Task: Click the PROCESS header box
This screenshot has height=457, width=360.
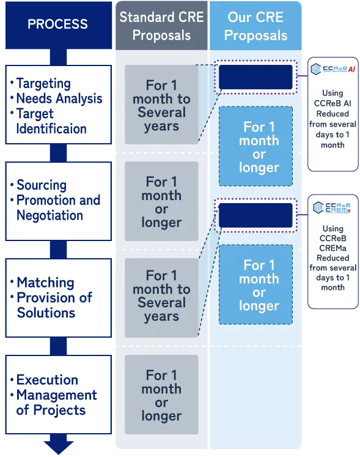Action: (59, 25)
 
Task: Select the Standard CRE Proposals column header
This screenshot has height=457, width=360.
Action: (161, 26)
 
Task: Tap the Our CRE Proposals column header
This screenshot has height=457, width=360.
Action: (255, 26)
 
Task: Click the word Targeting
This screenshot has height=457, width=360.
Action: (43, 84)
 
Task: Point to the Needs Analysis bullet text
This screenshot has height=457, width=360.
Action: (59, 98)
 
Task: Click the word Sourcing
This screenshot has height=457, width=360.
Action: (42, 185)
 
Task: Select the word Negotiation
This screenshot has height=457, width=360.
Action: (50, 215)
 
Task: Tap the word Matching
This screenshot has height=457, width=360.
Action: (45, 283)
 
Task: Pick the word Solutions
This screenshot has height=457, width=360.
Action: (46, 313)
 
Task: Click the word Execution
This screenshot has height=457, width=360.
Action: (47, 380)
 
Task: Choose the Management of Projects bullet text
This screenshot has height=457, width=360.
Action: (56, 403)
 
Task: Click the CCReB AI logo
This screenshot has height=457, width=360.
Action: (333, 69)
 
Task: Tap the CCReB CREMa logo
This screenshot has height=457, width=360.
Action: (332, 207)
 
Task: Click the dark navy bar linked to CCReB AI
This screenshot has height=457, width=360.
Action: (255, 77)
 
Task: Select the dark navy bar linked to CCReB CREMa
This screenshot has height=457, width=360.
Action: (255, 215)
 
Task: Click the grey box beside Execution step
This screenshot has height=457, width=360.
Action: (161, 395)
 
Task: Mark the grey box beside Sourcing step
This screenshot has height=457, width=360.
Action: (161, 201)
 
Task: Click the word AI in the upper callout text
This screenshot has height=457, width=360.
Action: (348, 103)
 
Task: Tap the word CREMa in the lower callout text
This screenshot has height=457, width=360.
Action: (332, 248)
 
